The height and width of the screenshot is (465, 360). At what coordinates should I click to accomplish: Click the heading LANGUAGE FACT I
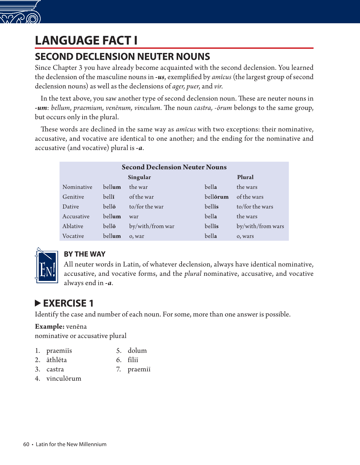point(86,40)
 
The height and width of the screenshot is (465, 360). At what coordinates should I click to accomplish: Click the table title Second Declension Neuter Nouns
point(174,167)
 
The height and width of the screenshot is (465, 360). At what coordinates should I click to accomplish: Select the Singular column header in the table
point(139,177)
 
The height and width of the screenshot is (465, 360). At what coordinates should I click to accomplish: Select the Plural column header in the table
point(245,177)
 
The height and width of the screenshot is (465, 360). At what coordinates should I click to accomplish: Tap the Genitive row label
point(73,197)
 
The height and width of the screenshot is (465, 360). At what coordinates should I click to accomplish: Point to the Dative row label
point(71,207)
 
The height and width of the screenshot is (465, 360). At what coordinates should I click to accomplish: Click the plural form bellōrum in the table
point(216,197)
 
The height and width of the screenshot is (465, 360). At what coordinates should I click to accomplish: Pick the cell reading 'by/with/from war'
point(152,226)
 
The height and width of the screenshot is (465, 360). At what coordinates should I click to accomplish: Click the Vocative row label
point(73,236)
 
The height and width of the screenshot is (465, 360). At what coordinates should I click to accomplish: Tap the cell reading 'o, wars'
point(245,236)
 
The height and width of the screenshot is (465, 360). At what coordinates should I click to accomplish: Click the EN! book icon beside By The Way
point(47,266)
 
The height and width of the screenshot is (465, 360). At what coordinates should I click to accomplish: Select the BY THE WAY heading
point(85,254)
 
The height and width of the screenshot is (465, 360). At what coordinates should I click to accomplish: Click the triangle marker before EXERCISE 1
point(38,303)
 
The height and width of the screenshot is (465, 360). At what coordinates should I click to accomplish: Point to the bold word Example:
point(50,326)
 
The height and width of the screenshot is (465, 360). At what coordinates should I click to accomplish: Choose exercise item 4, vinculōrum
point(64,378)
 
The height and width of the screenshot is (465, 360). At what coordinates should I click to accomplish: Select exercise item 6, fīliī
point(133,360)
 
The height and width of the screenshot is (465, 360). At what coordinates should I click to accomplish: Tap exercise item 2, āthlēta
point(56,360)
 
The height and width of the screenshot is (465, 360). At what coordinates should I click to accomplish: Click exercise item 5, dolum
point(137,351)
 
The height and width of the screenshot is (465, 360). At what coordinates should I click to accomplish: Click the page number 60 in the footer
point(26,444)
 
